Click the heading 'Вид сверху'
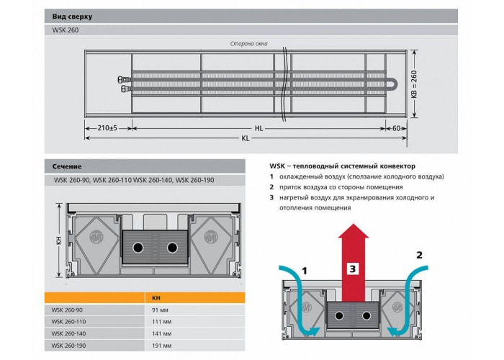coord(72,17)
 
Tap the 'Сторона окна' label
coord(249,44)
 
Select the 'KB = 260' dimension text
coord(414,84)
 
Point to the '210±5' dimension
coord(107,128)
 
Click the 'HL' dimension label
coord(258,128)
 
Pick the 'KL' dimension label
coord(246,138)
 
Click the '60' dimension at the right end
coord(396,128)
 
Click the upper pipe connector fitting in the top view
coord(124,79)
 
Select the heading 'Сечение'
coord(67,166)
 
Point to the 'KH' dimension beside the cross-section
coord(59,240)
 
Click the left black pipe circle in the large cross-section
coord(138,248)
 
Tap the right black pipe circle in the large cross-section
coord(172,248)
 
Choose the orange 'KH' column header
coord(156,298)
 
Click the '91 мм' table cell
coord(160,310)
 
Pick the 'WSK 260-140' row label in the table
coord(68,333)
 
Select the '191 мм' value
coord(161,346)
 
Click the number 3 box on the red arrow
coord(353,269)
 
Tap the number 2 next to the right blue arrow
coord(419,255)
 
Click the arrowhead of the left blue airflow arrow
coord(315,332)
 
